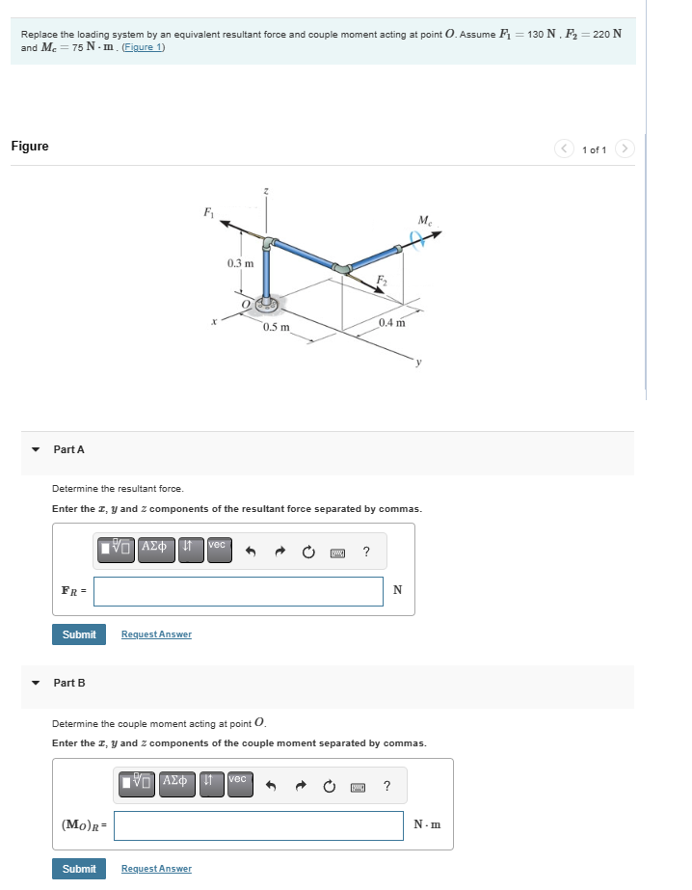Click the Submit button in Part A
79,634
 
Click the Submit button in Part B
79,869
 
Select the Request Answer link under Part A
156,634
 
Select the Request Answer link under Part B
156,869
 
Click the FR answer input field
238,591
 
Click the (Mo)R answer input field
258,825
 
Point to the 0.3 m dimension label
241,263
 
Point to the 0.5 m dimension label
277,327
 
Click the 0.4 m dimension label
392,322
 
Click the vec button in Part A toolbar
217,546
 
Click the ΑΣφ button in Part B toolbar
175,780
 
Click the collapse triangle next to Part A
36,449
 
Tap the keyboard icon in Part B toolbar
358,787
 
